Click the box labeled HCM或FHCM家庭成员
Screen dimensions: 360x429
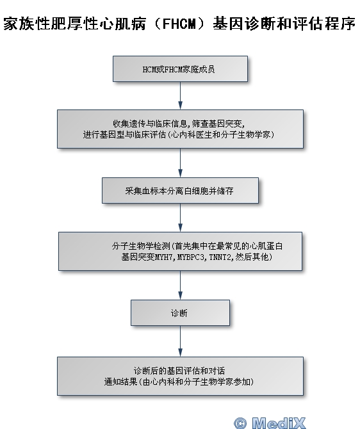coord(180,69)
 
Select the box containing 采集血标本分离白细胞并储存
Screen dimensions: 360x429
coord(180,190)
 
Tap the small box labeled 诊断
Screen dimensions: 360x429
coord(180,312)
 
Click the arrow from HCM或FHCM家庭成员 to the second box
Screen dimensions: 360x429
coord(180,95)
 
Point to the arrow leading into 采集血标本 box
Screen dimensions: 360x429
coord(180,163)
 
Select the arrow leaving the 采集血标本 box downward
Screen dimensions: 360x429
coord(180,218)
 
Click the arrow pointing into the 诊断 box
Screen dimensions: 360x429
coord(180,285)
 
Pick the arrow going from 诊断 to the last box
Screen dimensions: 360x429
coord(180,341)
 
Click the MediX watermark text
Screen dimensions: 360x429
coord(279,423)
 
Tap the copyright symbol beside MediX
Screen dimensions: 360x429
coord(240,423)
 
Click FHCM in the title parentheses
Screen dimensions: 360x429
coord(179,24)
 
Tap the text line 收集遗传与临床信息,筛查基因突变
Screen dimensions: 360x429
coord(179,124)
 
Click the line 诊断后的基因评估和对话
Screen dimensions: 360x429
coord(179,371)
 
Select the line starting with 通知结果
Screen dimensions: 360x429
coord(179,382)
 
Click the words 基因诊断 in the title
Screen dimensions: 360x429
coord(245,24)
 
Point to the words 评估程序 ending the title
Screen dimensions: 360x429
coord(324,24)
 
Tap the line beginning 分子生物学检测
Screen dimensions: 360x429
coord(197,246)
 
